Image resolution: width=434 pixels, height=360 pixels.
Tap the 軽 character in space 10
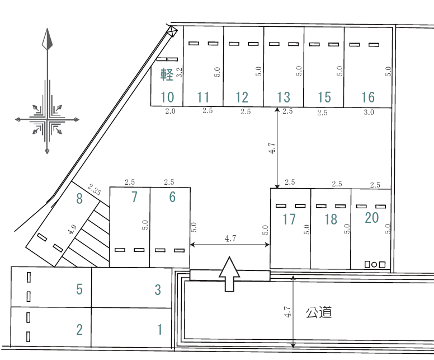pyautogui.click(x=167, y=74)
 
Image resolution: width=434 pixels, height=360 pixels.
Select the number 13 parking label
pyautogui.click(x=284, y=97)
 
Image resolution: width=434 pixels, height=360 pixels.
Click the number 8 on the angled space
pyautogui.click(x=79, y=198)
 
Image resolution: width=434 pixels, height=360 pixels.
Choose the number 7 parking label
pyautogui.click(x=134, y=197)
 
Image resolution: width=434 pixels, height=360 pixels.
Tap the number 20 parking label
pyautogui.click(x=372, y=218)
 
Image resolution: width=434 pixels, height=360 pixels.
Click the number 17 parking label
pyautogui.click(x=289, y=219)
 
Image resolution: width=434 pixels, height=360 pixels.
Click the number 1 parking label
pyautogui.click(x=160, y=330)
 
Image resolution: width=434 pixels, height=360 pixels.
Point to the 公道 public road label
pyautogui.click(x=319, y=312)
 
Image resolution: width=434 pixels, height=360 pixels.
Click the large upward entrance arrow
pyautogui.click(x=229, y=274)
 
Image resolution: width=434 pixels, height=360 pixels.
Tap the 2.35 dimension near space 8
pyautogui.click(x=95, y=190)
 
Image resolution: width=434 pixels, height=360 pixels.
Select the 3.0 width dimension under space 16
pyautogui.click(x=369, y=112)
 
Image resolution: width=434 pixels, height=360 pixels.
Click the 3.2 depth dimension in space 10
pyautogui.click(x=180, y=72)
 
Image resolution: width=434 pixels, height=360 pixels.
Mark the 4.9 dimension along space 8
pyautogui.click(x=72, y=230)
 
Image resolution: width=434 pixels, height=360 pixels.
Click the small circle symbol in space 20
pyautogui.click(x=374, y=265)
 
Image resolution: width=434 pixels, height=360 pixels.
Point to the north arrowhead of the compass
pyautogui.click(x=48, y=39)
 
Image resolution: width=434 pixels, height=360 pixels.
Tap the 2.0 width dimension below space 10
pyautogui.click(x=170, y=111)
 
